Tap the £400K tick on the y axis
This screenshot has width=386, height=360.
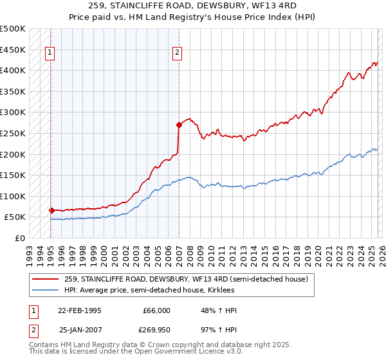coord(13,70)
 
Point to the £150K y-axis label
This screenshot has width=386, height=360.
coord(13,175)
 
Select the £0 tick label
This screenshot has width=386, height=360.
coord(21,238)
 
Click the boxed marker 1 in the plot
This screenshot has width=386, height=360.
coord(50,53)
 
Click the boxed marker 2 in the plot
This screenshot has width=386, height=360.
coord(177,53)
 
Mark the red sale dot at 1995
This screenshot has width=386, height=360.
coord(51,210)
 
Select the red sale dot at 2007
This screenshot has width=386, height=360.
coord(179,125)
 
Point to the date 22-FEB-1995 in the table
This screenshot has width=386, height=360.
coord(80,310)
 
